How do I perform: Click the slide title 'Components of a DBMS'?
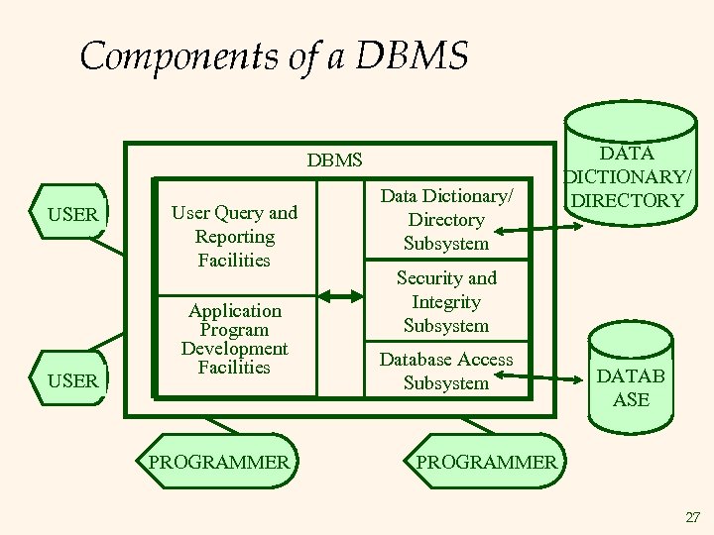pos(273,55)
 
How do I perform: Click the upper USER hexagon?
pos(72,214)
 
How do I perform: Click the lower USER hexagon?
pos(72,379)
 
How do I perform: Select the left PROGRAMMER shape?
pos(219,461)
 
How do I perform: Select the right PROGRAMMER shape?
pos(486,462)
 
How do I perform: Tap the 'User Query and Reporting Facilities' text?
pos(234,237)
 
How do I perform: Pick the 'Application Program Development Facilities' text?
pos(234,339)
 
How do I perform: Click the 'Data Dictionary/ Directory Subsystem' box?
pos(446,220)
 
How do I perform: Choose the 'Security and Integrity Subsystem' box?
pos(446,302)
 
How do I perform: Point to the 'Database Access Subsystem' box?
pos(446,372)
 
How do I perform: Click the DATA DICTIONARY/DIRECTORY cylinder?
pos(627,178)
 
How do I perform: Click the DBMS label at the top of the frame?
pos(334,160)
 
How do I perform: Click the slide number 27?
pos(692,517)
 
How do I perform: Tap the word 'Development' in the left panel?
pos(234,349)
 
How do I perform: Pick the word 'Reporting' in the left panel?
pos(234,237)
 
